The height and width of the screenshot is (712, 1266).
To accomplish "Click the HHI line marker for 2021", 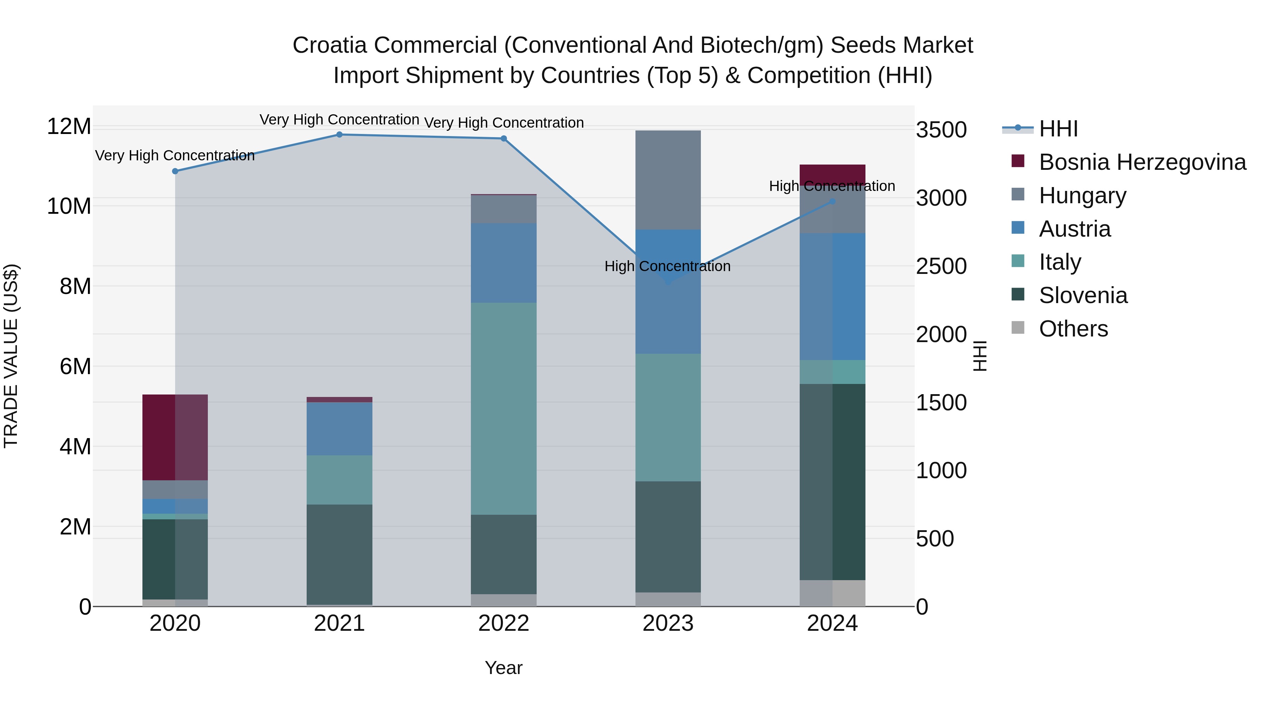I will coord(339,135).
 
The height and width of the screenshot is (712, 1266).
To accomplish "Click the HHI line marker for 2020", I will coord(175,171).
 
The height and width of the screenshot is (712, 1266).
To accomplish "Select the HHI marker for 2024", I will coord(832,201).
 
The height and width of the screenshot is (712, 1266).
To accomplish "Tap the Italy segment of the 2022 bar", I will coord(503,408).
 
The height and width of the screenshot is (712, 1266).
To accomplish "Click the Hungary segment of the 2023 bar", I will coord(668,180).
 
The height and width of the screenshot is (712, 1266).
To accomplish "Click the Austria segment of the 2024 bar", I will coord(832,296).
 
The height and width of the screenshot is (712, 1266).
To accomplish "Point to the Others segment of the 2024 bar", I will coord(832,593).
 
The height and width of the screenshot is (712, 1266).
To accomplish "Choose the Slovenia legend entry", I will coord(1083,295).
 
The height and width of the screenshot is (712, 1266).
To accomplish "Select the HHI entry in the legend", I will coord(1058,129).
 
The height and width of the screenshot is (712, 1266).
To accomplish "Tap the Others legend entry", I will coord(1073,329).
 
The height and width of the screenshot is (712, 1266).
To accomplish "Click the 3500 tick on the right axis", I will coord(941,130).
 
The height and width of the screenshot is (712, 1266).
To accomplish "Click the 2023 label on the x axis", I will coord(668,623).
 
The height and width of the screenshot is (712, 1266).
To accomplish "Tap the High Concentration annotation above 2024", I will coord(832,186).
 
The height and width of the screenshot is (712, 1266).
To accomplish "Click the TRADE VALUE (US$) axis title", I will coord(11,356).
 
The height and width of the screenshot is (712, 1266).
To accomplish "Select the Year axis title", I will coord(503,668).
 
